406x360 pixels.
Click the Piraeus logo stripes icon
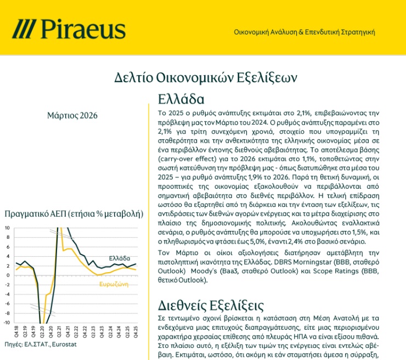(x=25, y=29)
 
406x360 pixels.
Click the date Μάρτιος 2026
(x=72, y=115)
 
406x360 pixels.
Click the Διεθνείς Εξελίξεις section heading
(x=211, y=305)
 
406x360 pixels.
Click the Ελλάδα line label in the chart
(x=120, y=257)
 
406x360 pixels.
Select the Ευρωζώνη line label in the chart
(x=114, y=284)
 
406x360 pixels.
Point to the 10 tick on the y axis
(x=7, y=228)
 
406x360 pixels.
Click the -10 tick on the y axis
(x=7, y=322)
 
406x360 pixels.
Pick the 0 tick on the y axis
(x=8, y=275)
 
